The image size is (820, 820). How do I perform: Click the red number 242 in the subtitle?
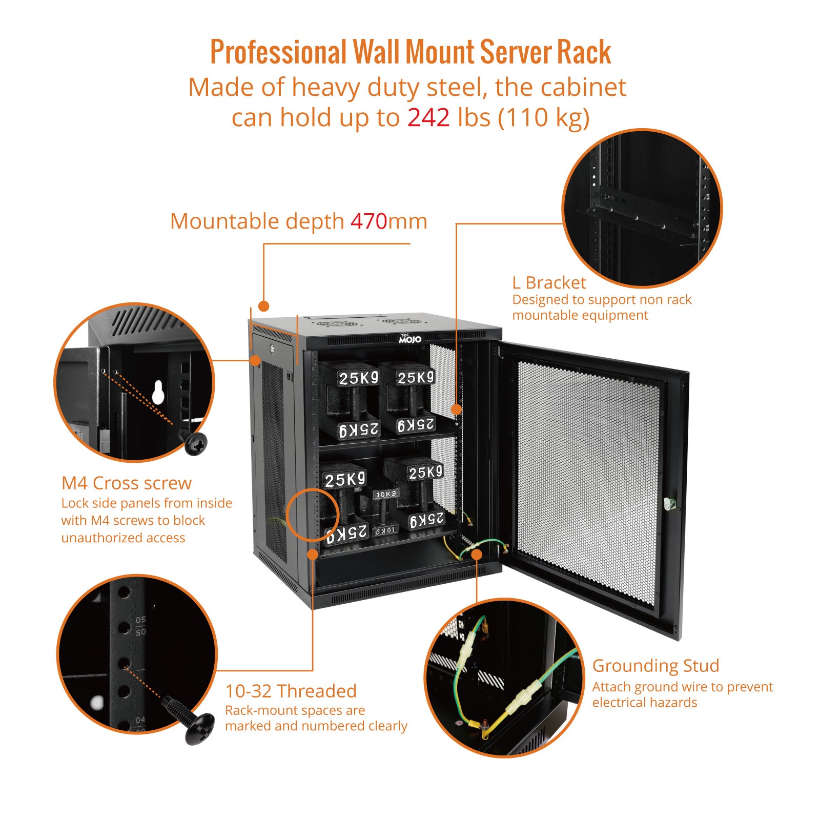pyautogui.click(x=428, y=117)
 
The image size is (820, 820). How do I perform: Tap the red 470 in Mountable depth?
pyautogui.click(x=368, y=221)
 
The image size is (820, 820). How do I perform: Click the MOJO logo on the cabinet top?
pyautogui.click(x=410, y=339)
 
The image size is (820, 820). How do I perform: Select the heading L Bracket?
pyautogui.click(x=549, y=282)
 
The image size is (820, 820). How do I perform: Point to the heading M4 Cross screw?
pyautogui.click(x=127, y=483)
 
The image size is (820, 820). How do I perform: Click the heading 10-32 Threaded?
pyautogui.click(x=291, y=691)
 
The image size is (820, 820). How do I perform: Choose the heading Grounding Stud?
pyautogui.click(x=655, y=665)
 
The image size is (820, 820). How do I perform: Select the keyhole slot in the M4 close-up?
pyautogui.click(x=158, y=392)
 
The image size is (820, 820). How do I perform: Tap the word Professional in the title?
pyautogui.click(x=279, y=52)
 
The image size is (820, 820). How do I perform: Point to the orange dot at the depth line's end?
pyautogui.click(x=263, y=306)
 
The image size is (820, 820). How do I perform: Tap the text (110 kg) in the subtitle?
pyautogui.click(x=544, y=117)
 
